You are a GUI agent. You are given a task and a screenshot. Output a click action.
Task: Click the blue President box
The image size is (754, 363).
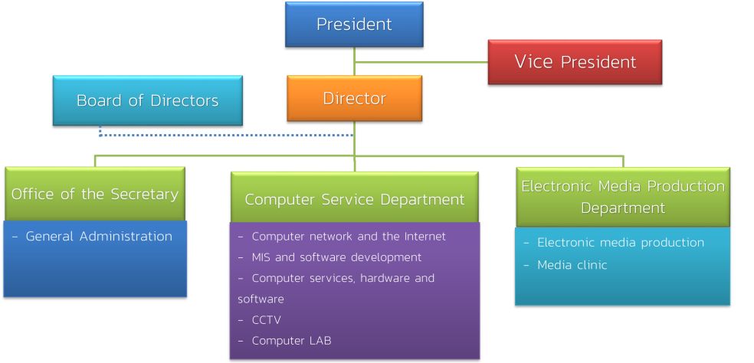(354, 25)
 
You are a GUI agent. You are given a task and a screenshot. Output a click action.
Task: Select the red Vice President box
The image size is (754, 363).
(575, 62)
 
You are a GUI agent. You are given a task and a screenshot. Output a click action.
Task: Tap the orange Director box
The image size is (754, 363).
(354, 98)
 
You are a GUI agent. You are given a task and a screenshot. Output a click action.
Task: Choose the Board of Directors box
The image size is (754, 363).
(147, 100)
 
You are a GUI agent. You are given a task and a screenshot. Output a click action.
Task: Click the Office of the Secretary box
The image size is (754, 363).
(94, 194)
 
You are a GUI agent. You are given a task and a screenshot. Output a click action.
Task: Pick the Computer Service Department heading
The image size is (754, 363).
(354, 199)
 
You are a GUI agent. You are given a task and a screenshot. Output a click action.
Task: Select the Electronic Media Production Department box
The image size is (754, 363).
(622, 197)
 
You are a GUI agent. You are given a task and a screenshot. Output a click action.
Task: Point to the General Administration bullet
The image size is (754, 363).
(98, 236)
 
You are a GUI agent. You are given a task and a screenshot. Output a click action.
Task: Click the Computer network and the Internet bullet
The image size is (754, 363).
(348, 236)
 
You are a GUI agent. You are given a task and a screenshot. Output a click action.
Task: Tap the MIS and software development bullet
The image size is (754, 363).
(336, 257)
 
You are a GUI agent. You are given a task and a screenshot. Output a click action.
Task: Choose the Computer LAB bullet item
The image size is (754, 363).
(291, 341)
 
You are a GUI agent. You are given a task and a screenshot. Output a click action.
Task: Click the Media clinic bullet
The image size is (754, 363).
(572, 265)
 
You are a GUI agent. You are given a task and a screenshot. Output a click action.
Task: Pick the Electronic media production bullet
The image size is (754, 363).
(620, 242)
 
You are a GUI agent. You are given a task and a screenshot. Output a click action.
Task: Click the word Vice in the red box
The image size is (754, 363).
(534, 61)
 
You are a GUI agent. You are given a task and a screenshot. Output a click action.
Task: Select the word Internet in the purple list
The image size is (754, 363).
(425, 236)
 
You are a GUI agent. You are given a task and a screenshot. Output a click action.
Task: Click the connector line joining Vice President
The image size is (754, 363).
(421, 61)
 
